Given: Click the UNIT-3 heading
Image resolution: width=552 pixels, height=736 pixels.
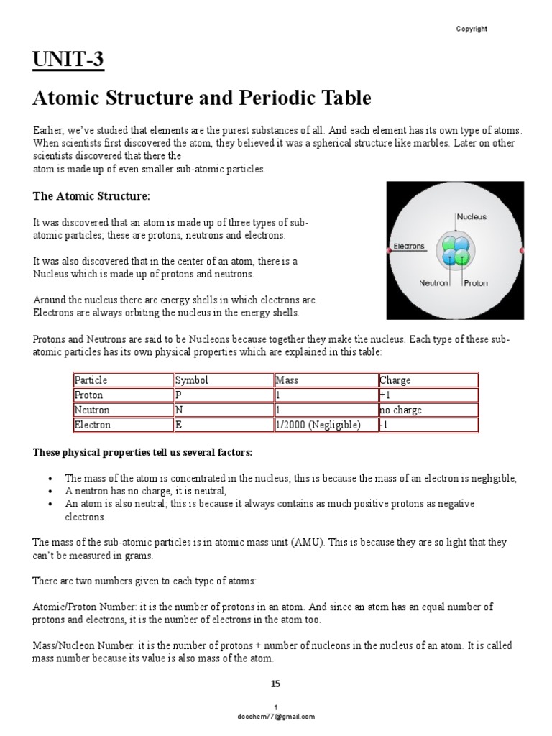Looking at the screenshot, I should point(69,60).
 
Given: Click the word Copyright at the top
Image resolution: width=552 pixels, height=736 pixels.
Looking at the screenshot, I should point(471,29).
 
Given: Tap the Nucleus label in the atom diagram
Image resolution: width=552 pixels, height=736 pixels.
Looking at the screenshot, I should point(471,216).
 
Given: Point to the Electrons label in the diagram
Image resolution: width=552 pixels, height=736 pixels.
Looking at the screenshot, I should point(409,247).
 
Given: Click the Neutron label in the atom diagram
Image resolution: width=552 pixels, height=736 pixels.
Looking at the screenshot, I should point(434,283).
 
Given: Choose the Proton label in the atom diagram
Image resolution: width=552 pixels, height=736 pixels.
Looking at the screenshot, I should point(476,283).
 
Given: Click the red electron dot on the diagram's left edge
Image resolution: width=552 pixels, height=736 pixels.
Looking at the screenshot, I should point(389,249).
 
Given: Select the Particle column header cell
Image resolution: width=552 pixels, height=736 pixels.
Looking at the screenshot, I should point(123,379).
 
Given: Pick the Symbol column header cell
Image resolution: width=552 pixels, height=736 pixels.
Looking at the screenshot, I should point(223,379).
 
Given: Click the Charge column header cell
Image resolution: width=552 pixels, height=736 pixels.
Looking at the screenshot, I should point(428,379).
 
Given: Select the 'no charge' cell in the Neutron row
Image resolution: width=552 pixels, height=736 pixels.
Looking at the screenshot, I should point(428,410).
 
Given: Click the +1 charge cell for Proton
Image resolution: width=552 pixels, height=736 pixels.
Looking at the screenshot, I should point(428,395).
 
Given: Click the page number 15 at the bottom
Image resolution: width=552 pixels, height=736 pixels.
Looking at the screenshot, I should point(275,683).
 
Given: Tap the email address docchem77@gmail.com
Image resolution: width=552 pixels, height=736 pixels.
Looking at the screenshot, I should point(276,717).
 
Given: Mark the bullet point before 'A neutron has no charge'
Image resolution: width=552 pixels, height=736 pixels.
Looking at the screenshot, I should point(50,491).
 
